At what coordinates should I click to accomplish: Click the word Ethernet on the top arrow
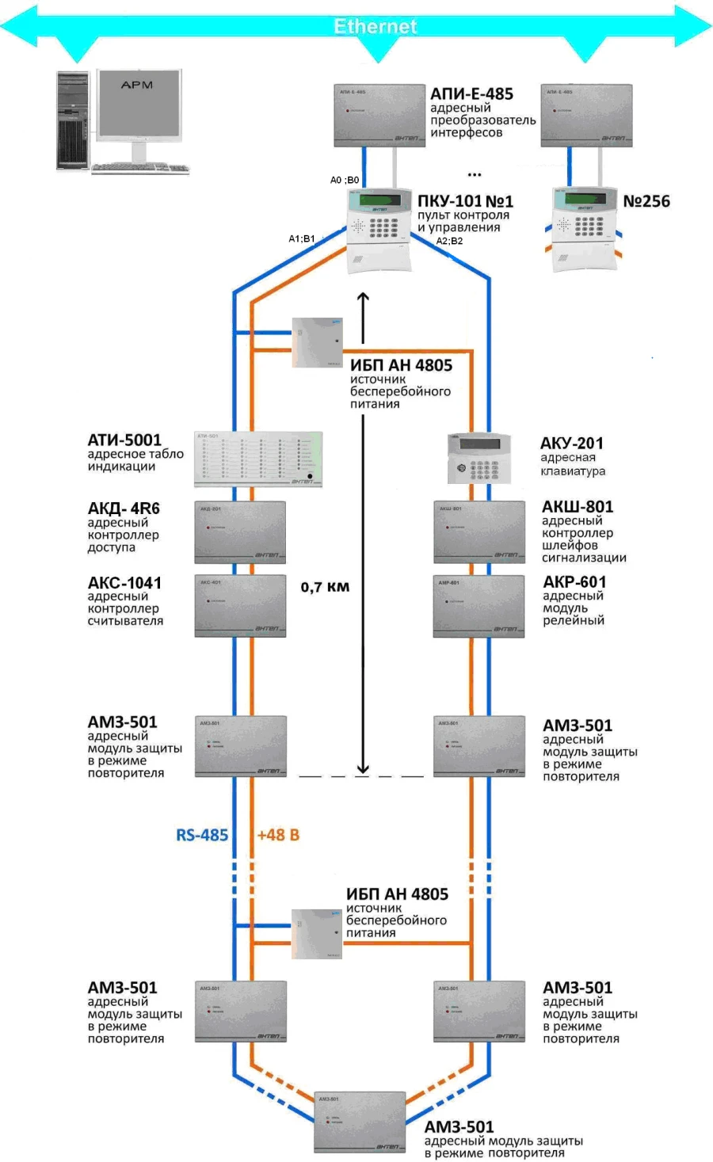click(375, 26)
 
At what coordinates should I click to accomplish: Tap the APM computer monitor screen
click(138, 103)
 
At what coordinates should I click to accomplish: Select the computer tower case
click(73, 120)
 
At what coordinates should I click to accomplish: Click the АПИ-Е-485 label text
click(471, 94)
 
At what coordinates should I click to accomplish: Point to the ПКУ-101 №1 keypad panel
click(379, 230)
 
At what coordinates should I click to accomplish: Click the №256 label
click(646, 201)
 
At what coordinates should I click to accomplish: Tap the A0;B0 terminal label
click(345, 181)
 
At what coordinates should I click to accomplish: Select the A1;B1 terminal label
click(302, 238)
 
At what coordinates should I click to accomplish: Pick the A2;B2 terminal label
click(449, 241)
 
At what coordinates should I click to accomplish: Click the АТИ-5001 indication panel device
click(258, 459)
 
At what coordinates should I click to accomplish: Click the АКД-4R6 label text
click(124, 509)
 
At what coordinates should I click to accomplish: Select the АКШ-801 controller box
click(479, 531)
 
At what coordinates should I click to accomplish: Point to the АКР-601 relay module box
click(479, 605)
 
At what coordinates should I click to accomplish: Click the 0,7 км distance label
click(325, 587)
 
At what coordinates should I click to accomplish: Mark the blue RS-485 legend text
click(202, 835)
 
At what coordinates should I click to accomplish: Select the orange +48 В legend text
click(278, 835)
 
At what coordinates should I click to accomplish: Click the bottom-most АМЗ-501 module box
click(359, 1122)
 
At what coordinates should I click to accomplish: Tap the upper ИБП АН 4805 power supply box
click(317, 342)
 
